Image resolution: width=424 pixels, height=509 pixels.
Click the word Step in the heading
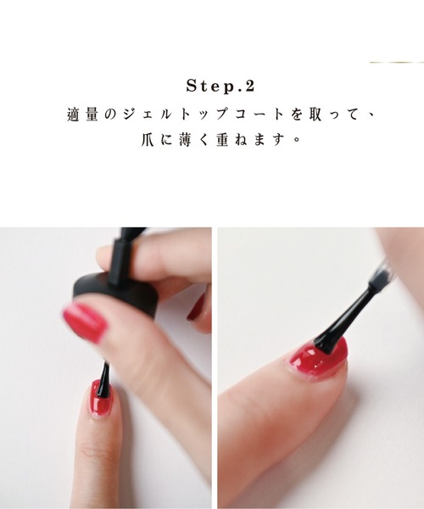pos(204,87)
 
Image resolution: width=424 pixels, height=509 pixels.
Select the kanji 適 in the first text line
pos(73,114)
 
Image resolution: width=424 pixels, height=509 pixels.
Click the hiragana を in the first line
pos(275,114)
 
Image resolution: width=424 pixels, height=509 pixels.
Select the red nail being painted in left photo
pos(101,399)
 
